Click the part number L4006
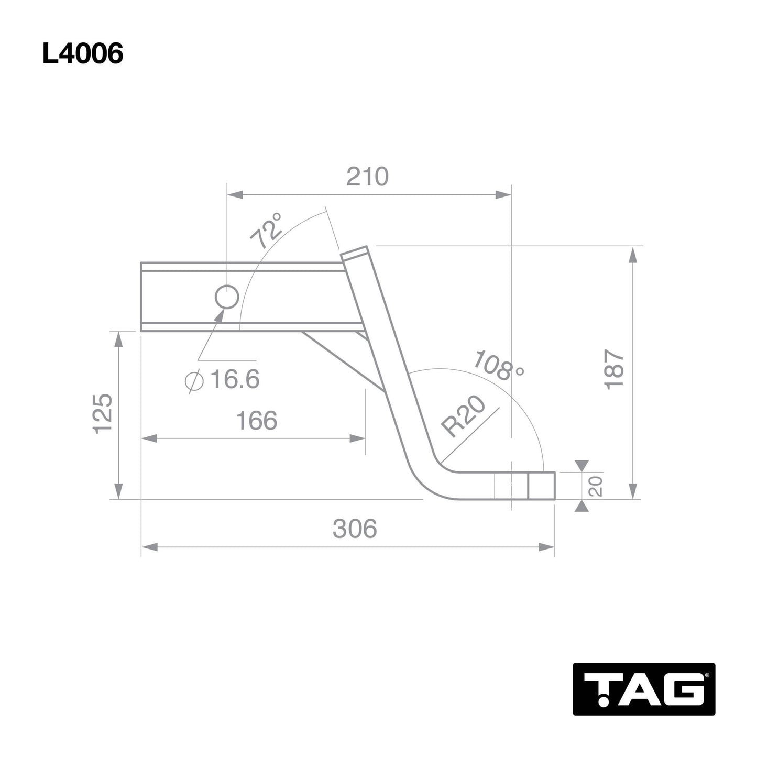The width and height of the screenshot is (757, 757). pyautogui.click(x=83, y=53)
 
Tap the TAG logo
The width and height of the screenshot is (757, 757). pyautogui.click(x=643, y=689)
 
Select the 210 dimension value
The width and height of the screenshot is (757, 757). pyautogui.click(x=367, y=177)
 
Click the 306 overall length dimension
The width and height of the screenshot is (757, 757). pyautogui.click(x=355, y=529)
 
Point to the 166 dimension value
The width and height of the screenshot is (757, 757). pyautogui.click(x=256, y=421)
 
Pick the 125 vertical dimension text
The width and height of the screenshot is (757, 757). pyautogui.click(x=103, y=413)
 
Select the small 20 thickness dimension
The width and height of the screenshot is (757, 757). pyautogui.click(x=596, y=486)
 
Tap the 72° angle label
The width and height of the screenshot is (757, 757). pyautogui.click(x=266, y=231)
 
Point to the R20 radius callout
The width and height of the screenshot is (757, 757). pyautogui.click(x=463, y=417)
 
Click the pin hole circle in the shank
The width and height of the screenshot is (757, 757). pyautogui.click(x=227, y=298)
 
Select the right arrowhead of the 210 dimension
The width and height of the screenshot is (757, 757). pyautogui.click(x=503, y=195)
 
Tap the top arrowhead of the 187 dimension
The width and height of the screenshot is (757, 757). pyautogui.click(x=633, y=255)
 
